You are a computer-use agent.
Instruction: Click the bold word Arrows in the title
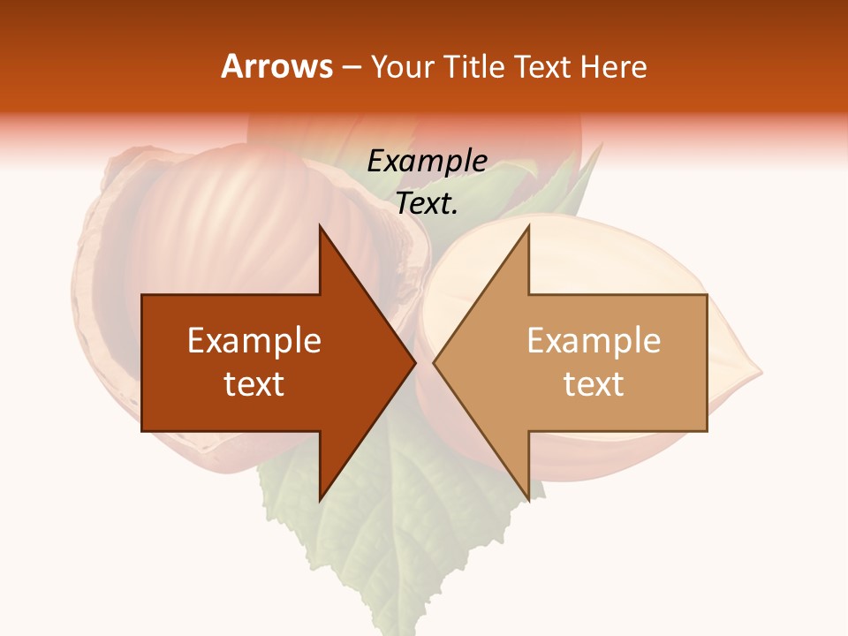point(276,66)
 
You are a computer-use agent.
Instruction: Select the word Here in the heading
point(613,66)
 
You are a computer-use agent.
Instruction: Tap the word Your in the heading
point(402,66)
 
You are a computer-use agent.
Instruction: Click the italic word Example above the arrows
point(428,161)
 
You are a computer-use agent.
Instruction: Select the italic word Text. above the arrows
point(428,204)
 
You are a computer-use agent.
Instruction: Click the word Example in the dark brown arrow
point(254,341)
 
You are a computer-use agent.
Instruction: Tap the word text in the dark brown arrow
point(254,384)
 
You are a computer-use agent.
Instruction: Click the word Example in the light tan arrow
point(594,341)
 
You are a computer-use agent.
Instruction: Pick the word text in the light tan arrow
point(594,384)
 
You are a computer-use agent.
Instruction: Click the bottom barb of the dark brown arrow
point(322,495)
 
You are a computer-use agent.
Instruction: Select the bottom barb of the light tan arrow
point(526,495)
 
